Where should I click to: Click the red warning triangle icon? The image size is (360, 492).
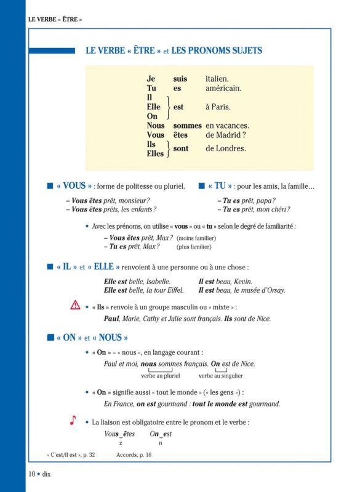tap(75, 305)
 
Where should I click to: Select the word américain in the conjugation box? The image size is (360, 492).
tap(223, 88)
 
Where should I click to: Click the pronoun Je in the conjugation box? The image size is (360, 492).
tap(151, 79)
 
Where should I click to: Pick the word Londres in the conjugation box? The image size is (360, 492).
tap(233, 148)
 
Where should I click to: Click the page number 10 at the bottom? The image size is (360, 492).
tap(31, 473)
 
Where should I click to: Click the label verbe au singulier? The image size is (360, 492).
tap(220, 376)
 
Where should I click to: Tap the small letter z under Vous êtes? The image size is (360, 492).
tap(121, 443)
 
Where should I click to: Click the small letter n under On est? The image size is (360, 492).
tap(161, 443)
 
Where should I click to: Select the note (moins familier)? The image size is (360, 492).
tap(196, 238)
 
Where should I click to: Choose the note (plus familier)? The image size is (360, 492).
tap(194, 247)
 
